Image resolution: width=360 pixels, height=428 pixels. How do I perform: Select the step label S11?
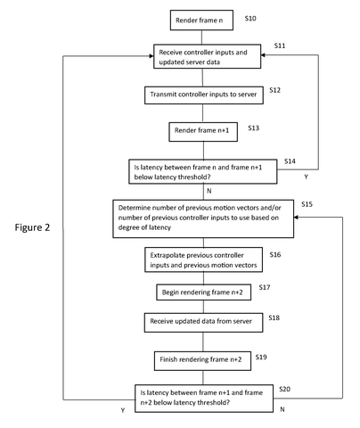(x=280, y=45)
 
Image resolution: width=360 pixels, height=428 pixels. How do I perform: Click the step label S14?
(x=290, y=161)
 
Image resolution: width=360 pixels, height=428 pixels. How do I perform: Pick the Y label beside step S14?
(x=306, y=177)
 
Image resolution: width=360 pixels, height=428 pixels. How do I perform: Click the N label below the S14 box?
(x=209, y=191)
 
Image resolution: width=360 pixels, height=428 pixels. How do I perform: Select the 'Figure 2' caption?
(x=32, y=227)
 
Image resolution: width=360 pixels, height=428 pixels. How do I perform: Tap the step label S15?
(x=307, y=204)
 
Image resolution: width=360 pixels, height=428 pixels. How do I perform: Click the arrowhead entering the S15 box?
(x=296, y=218)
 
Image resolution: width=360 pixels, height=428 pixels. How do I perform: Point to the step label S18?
(x=274, y=317)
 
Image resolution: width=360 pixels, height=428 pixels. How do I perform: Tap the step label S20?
(x=284, y=389)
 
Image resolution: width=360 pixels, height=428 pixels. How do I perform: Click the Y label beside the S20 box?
(x=123, y=410)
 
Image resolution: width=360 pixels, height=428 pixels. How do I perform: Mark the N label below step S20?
(x=282, y=409)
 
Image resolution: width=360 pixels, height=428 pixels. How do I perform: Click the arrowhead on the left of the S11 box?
(x=151, y=56)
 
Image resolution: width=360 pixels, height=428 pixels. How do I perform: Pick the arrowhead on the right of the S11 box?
(x=263, y=55)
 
